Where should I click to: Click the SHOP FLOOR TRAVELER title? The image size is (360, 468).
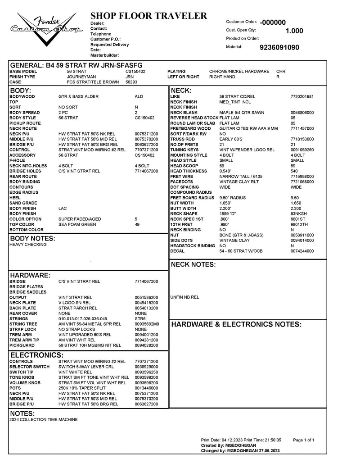(x=148, y=16)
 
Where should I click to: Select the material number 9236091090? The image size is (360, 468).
(x=279, y=47)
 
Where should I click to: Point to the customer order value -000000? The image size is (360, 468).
(x=273, y=22)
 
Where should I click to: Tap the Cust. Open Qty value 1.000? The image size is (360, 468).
(x=294, y=31)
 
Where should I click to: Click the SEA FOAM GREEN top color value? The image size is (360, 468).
(x=77, y=224)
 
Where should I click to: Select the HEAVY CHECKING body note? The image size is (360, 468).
(x=28, y=245)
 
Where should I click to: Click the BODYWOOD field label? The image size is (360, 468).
(x=22, y=96)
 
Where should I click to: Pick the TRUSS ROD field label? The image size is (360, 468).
(x=183, y=139)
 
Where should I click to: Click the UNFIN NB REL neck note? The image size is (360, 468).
(x=184, y=297)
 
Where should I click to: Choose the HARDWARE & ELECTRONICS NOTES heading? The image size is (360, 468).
(x=236, y=324)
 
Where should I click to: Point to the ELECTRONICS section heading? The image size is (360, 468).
(x=37, y=355)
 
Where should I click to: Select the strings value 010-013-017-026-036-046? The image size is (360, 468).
(x=83, y=318)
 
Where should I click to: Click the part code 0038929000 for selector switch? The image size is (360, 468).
(x=146, y=367)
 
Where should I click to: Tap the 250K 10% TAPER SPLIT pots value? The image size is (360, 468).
(x=82, y=388)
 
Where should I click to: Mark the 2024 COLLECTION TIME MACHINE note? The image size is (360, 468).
(x=44, y=419)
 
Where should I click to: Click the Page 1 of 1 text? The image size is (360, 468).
(x=303, y=440)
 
